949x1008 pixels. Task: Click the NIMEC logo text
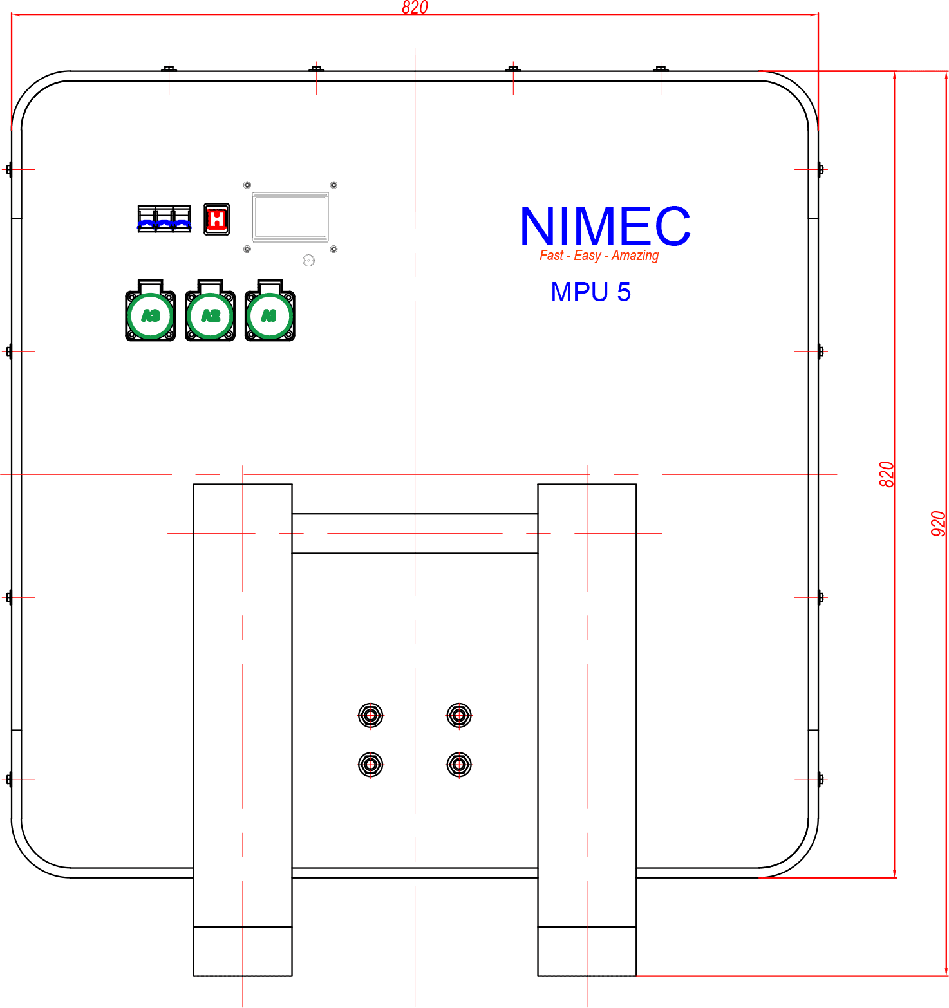[605, 226]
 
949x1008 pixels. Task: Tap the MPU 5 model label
[590, 292]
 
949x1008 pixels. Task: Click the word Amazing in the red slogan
[635, 256]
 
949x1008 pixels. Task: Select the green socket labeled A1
[270, 315]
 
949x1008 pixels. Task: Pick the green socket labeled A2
[210, 315]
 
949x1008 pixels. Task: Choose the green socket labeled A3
[151, 315]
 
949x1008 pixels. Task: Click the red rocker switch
[216, 219]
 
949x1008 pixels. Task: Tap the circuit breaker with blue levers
[164, 219]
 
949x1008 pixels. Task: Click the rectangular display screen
[290, 218]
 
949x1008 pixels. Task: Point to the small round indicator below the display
[308, 261]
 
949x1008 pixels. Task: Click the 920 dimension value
[939, 523]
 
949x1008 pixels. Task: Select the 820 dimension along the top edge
[415, 8]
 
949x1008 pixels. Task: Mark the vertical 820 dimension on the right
[887, 474]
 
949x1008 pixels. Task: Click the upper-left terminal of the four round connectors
[371, 715]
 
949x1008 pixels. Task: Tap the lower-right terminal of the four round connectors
[459, 765]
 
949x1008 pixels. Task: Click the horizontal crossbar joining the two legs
[415, 534]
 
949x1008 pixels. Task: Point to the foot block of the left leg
[243, 951]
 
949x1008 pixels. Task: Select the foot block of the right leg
[587, 951]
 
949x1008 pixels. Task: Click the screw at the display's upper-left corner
[247, 185]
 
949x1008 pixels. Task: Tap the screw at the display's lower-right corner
[334, 248]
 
